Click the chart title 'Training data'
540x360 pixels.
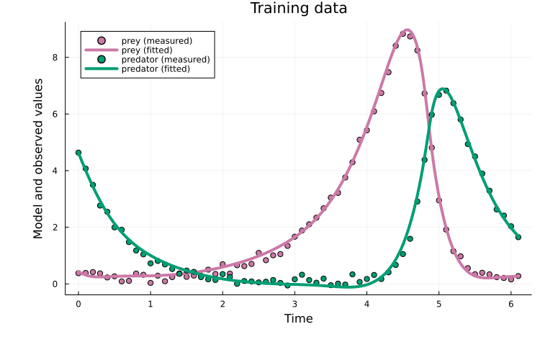[298, 9]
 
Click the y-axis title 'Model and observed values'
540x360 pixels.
[38, 158]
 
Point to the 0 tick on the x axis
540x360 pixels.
[78, 304]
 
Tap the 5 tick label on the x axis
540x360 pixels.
[439, 304]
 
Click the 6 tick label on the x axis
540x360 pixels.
[511, 304]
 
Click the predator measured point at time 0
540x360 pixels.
[78, 153]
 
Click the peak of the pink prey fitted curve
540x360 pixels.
[405, 32]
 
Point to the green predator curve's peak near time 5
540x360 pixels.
[444, 89]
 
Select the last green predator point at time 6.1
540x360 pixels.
[518, 237]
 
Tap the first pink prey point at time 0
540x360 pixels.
[78, 273]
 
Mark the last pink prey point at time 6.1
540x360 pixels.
[518, 276]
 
